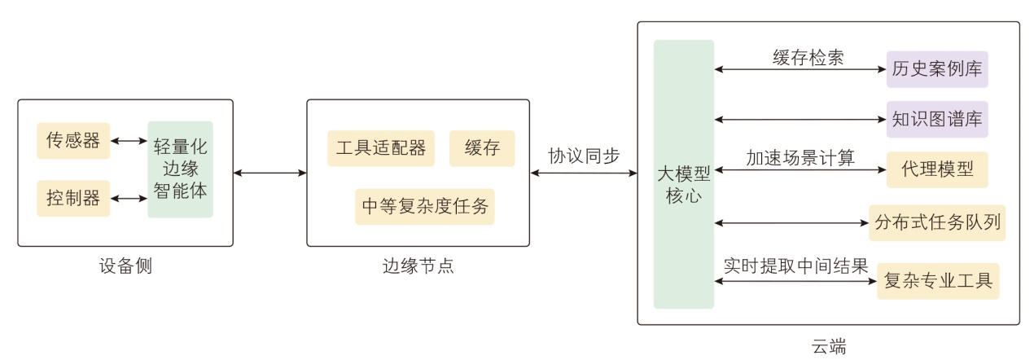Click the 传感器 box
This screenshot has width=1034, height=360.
tap(73, 141)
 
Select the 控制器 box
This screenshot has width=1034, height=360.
tap(73, 199)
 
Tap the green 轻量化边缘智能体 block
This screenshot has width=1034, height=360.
tap(180, 169)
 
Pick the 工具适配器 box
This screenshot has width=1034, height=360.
tap(381, 148)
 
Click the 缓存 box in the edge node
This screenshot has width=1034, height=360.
tap(482, 148)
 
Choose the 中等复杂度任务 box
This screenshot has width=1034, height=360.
tap(425, 207)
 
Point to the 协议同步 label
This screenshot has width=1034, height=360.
tap(583, 155)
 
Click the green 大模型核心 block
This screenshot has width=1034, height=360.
tap(683, 174)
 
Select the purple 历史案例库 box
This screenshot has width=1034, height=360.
tap(936, 69)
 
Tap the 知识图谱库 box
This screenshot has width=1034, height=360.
tap(936, 119)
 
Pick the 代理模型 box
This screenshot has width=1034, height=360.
tap(936, 169)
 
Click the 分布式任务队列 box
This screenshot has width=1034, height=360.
tap(937, 222)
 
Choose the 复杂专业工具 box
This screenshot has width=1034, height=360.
tap(937, 281)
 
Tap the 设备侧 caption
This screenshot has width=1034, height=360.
tap(125, 266)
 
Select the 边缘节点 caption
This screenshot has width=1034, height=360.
tap(417, 266)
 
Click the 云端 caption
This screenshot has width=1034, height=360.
tap(829, 345)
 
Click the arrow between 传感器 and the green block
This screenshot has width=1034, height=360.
tap(128, 141)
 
